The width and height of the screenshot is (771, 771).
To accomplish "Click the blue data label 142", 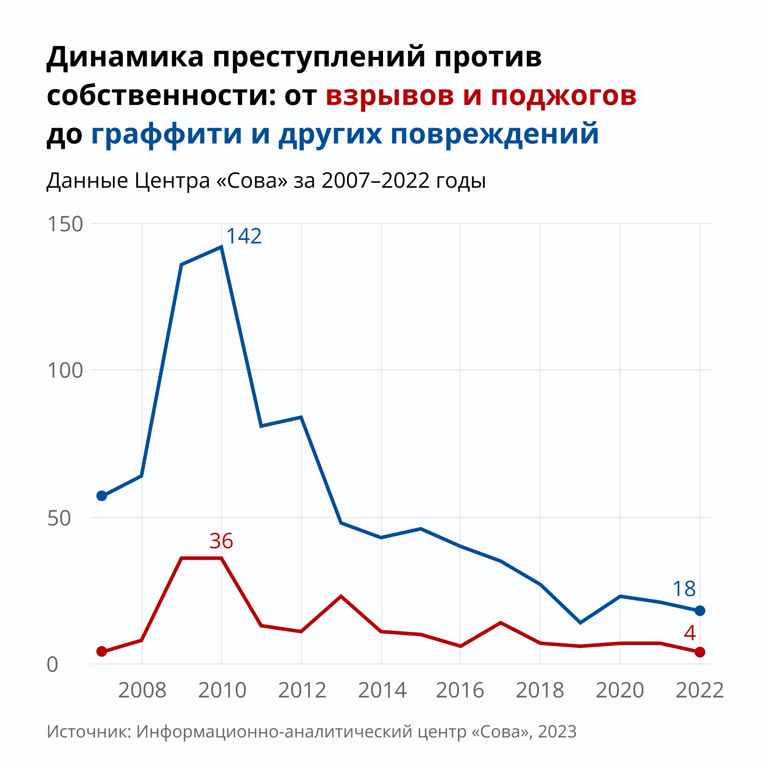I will click(x=244, y=236).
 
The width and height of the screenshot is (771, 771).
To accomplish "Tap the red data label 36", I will click(x=221, y=541).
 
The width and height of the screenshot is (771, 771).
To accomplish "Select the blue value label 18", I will click(x=684, y=589).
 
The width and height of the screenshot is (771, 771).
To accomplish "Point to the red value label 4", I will click(x=690, y=633).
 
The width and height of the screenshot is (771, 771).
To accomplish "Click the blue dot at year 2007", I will click(x=102, y=496).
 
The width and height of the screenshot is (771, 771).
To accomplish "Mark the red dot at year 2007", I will click(x=102, y=651).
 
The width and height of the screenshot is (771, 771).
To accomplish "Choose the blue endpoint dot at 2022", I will click(x=700, y=611).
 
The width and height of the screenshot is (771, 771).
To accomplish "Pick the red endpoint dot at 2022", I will click(x=700, y=652).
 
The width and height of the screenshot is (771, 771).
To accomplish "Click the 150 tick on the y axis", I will click(x=65, y=224).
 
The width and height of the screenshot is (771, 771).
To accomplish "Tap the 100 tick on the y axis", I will click(x=65, y=371).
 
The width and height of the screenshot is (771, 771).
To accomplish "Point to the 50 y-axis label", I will click(x=59, y=518).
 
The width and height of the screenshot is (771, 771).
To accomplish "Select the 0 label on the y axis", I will click(x=52, y=665).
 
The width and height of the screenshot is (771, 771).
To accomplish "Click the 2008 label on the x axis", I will click(x=142, y=690).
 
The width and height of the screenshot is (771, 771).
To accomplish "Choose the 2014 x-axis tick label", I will click(x=382, y=690).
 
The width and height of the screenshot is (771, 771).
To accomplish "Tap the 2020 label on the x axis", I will click(x=620, y=690).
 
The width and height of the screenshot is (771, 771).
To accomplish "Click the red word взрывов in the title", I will click(x=389, y=96).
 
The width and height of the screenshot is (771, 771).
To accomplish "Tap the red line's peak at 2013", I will click(x=341, y=596).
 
